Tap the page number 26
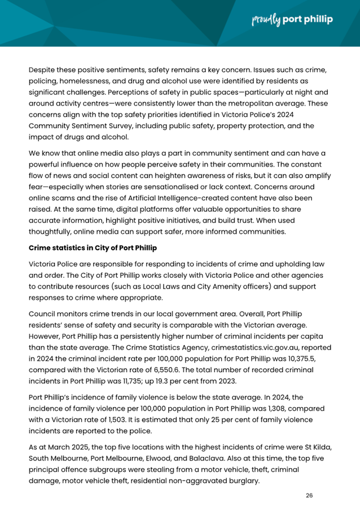coord(309,495)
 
